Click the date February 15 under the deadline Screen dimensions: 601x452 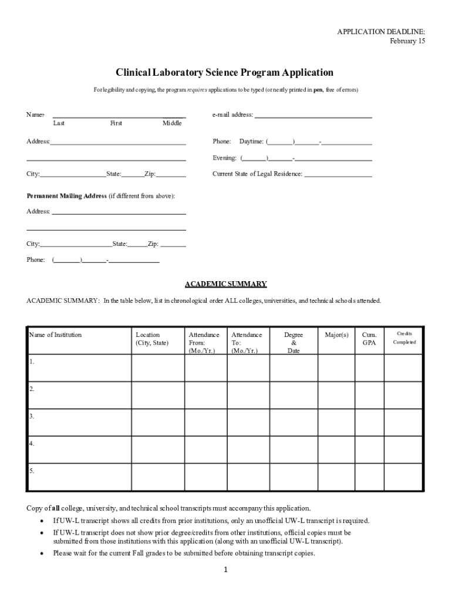point(407,41)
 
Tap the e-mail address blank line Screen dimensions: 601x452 point(313,116)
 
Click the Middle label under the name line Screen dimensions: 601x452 point(172,123)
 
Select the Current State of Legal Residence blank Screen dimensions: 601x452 point(338,174)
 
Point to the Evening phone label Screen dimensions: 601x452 point(224,158)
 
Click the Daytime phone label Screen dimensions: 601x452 point(251,142)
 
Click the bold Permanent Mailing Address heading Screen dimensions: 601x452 point(66,196)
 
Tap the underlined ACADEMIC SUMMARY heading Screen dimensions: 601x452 point(226,284)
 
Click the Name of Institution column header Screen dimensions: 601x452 point(55,335)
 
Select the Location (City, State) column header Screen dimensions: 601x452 point(151,339)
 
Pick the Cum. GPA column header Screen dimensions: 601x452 point(369,339)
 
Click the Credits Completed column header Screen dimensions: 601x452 point(404,338)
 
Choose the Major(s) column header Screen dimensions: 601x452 point(336,335)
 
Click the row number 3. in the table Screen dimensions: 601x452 point(32,417)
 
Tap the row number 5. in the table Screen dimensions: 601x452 point(32,471)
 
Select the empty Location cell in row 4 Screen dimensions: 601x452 point(158,450)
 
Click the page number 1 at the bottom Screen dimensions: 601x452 point(226,570)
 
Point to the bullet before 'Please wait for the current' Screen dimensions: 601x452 point(41,553)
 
